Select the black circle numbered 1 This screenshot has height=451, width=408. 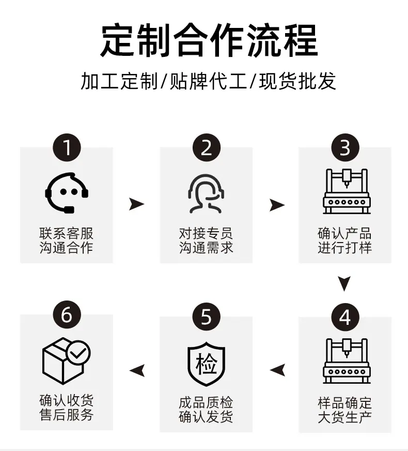67,147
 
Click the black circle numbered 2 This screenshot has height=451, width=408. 207,147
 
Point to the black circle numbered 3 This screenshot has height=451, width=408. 345,147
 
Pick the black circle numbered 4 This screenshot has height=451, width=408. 345,317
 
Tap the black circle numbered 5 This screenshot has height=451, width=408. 207,317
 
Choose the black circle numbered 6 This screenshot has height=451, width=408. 67,315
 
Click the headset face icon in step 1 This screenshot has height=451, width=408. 67,193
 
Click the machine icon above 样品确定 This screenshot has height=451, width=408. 346,360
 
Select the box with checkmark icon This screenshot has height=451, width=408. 66,360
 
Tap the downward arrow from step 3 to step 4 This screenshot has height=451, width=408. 344,283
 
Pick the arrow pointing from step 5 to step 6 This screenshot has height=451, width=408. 137,370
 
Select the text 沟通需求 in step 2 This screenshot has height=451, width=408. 206,247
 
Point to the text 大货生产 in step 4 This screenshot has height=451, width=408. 344,416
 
